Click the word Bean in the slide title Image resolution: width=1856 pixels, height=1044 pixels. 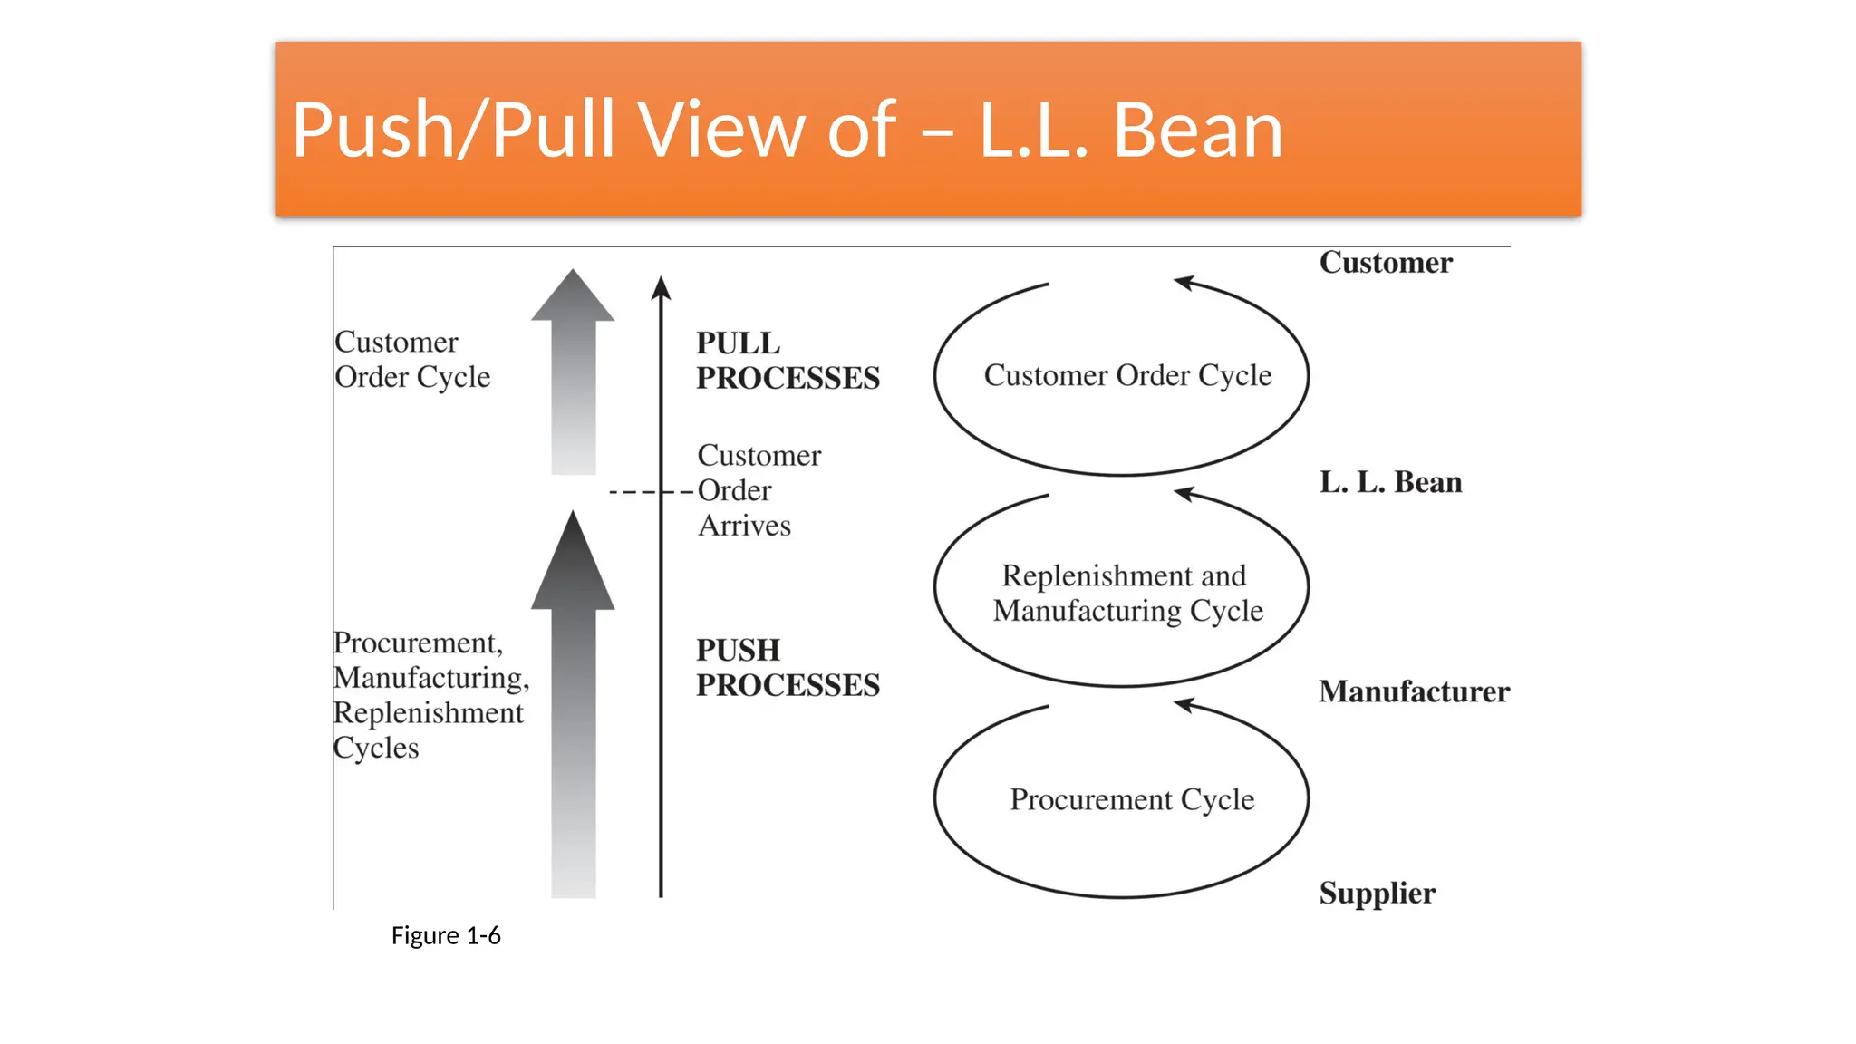coord(1197,130)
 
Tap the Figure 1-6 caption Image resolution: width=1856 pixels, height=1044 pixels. coord(445,935)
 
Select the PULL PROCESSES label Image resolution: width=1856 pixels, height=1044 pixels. coord(787,361)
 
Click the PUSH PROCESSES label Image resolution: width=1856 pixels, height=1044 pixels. coord(787,668)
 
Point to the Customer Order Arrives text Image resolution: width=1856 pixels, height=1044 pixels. coord(758,490)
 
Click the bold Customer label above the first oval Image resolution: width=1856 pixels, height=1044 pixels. coord(1385,263)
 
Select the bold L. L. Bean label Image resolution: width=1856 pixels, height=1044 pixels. coord(1389,482)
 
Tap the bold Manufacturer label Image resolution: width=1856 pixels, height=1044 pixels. coord(1413,691)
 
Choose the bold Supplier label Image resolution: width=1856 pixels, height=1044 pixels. coord(1377,893)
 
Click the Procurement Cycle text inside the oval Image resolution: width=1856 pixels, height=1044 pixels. coord(1131,799)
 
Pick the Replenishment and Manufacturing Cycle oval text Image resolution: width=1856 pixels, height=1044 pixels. coord(1126,593)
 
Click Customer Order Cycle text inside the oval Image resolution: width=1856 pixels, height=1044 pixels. coord(1127,375)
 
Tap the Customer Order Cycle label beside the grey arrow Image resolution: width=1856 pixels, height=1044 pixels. coord(412,360)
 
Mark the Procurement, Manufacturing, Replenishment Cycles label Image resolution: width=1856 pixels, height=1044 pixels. coord(430,695)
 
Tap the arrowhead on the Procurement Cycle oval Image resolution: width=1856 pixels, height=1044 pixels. coord(1184,705)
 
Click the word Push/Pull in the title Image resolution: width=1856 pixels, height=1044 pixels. coord(458,130)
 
